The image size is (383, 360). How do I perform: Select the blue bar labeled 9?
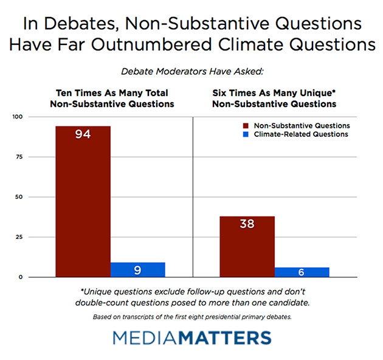[x=137, y=269]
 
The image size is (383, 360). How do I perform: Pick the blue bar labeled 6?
[x=302, y=272]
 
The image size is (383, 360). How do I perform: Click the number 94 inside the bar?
[x=83, y=134]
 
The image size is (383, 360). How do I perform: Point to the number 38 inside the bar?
[x=247, y=224]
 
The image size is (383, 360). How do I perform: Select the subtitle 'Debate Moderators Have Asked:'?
[x=191, y=71]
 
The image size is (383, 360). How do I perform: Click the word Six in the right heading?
[x=221, y=93]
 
